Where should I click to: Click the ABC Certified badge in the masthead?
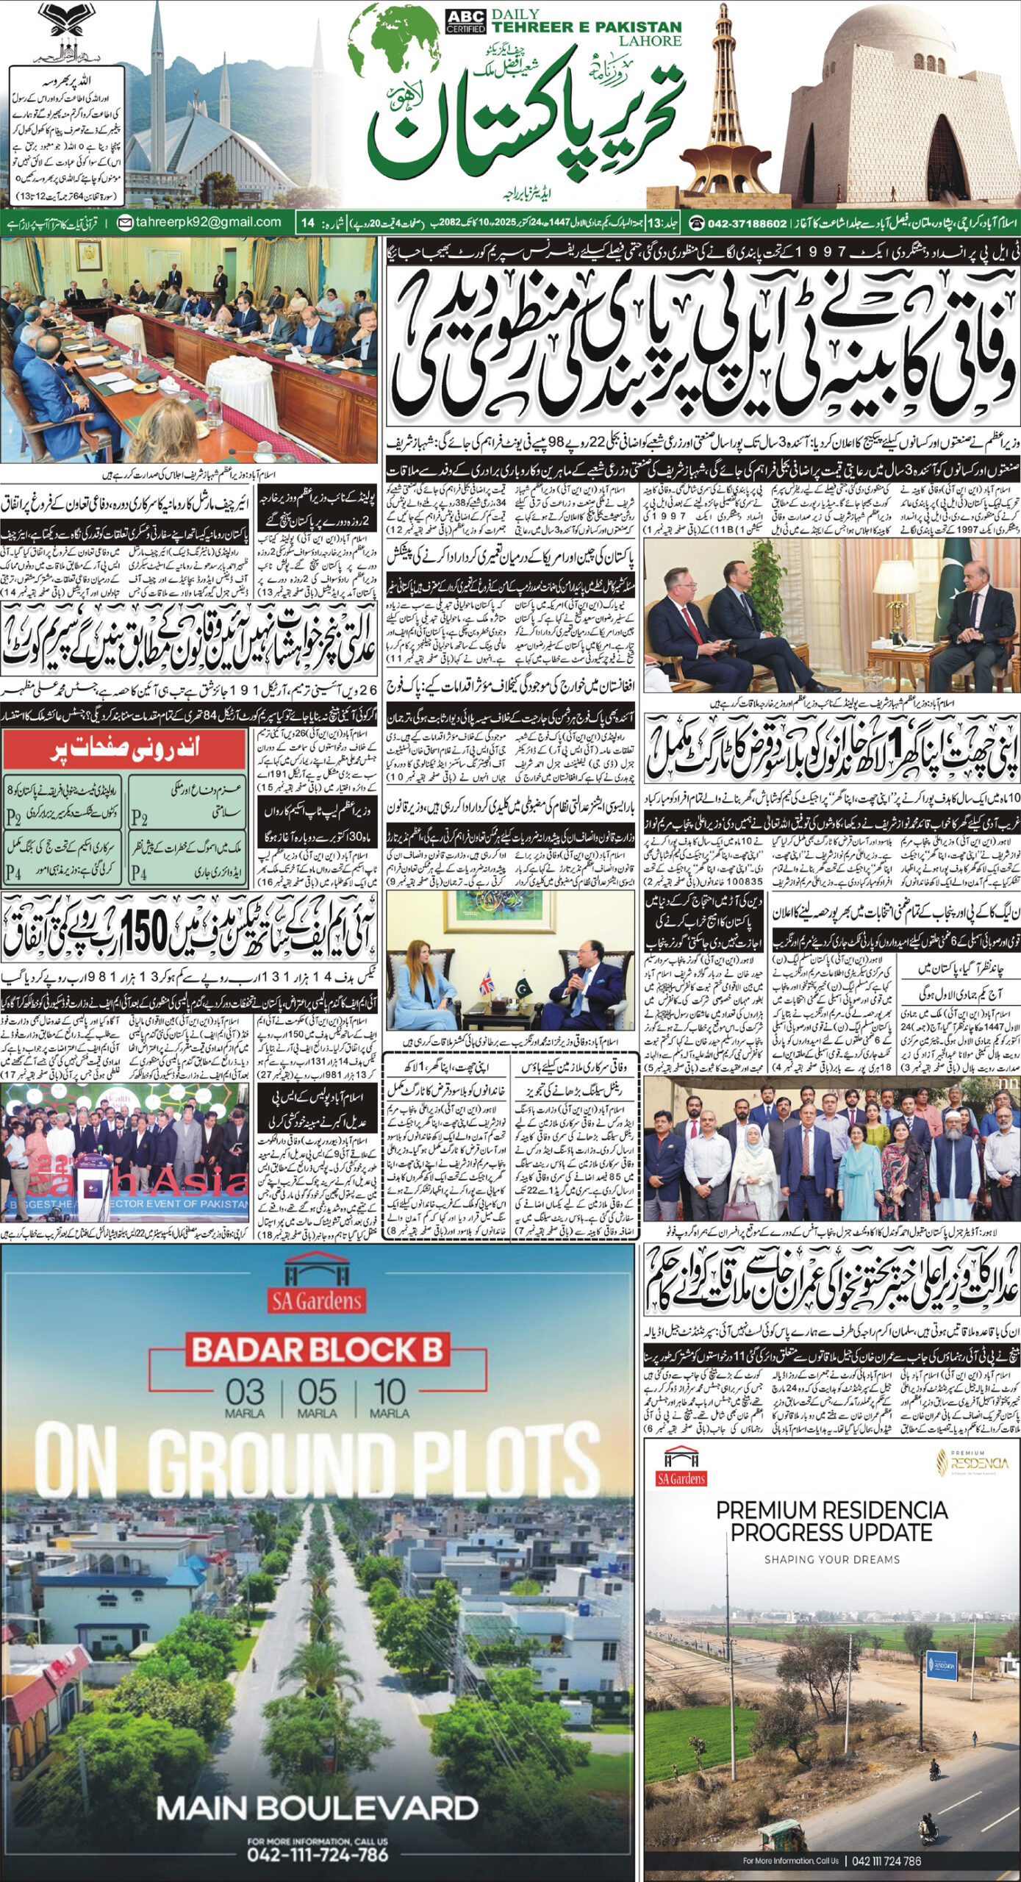pyautogui.click(x=465, y=21)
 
